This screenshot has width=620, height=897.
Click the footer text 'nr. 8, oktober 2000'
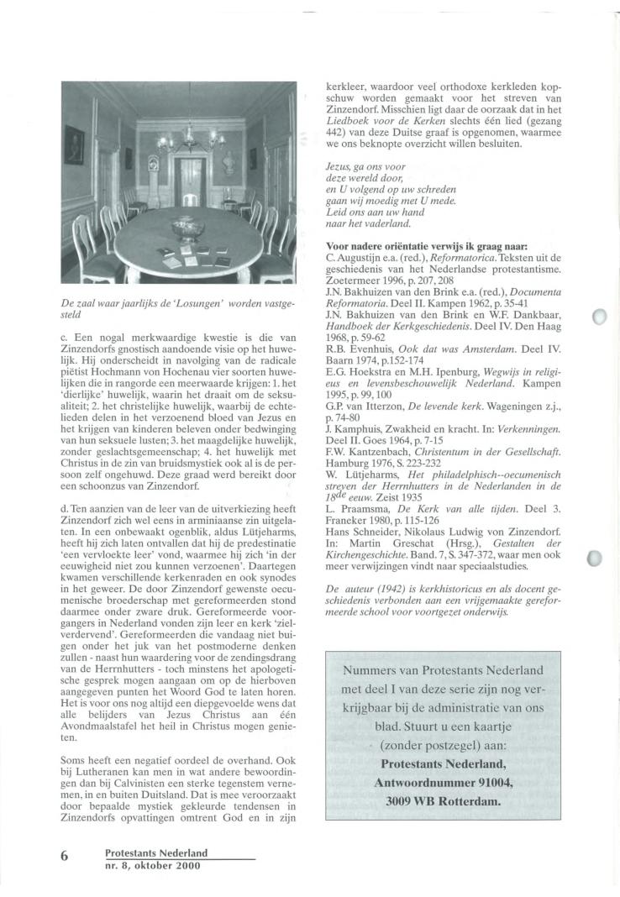153,865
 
